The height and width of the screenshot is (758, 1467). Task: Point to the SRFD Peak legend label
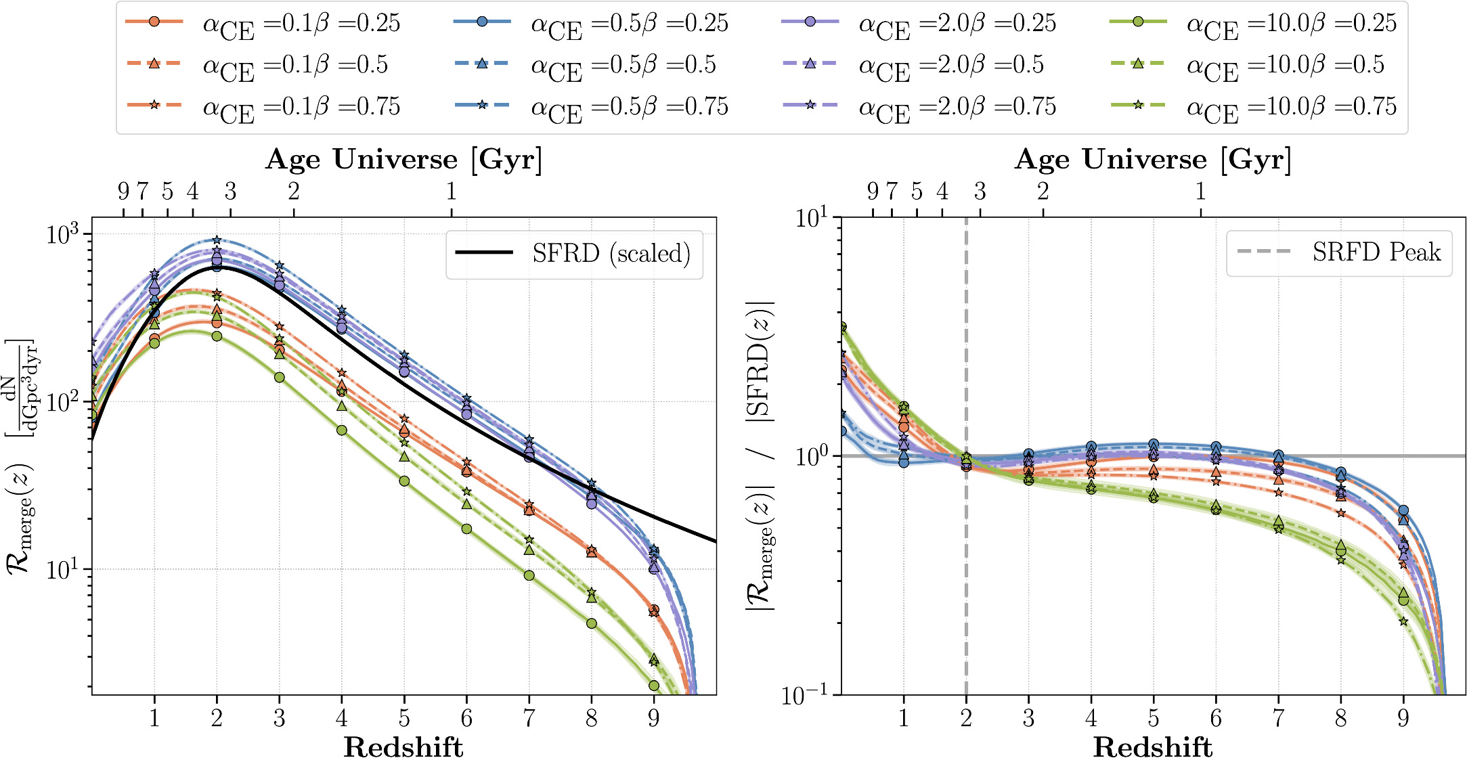[x=1376, y=252]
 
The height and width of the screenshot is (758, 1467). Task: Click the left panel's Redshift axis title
[x=403, y=746]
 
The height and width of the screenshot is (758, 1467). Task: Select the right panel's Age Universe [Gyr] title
[x=1152, y=160]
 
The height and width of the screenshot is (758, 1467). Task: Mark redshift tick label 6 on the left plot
[x=466, y=718]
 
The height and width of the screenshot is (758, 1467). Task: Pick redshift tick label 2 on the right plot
[x=966, y=718]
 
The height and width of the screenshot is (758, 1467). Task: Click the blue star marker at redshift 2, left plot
[x=217, y=240]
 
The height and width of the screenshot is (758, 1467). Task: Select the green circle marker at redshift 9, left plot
[x=654, y=686]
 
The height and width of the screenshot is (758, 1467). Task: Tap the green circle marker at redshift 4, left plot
[x=342, y=430]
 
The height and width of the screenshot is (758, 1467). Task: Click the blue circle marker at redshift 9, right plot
[x=1403, y=511]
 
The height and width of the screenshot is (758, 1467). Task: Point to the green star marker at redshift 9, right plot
[x=1403, y=621]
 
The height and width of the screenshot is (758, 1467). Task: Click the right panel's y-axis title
[x=761, y=455]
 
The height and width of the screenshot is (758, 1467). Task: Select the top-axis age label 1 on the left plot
[x=452, y=192]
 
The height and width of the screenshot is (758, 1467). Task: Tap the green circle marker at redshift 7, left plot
[x=529, y=575]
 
